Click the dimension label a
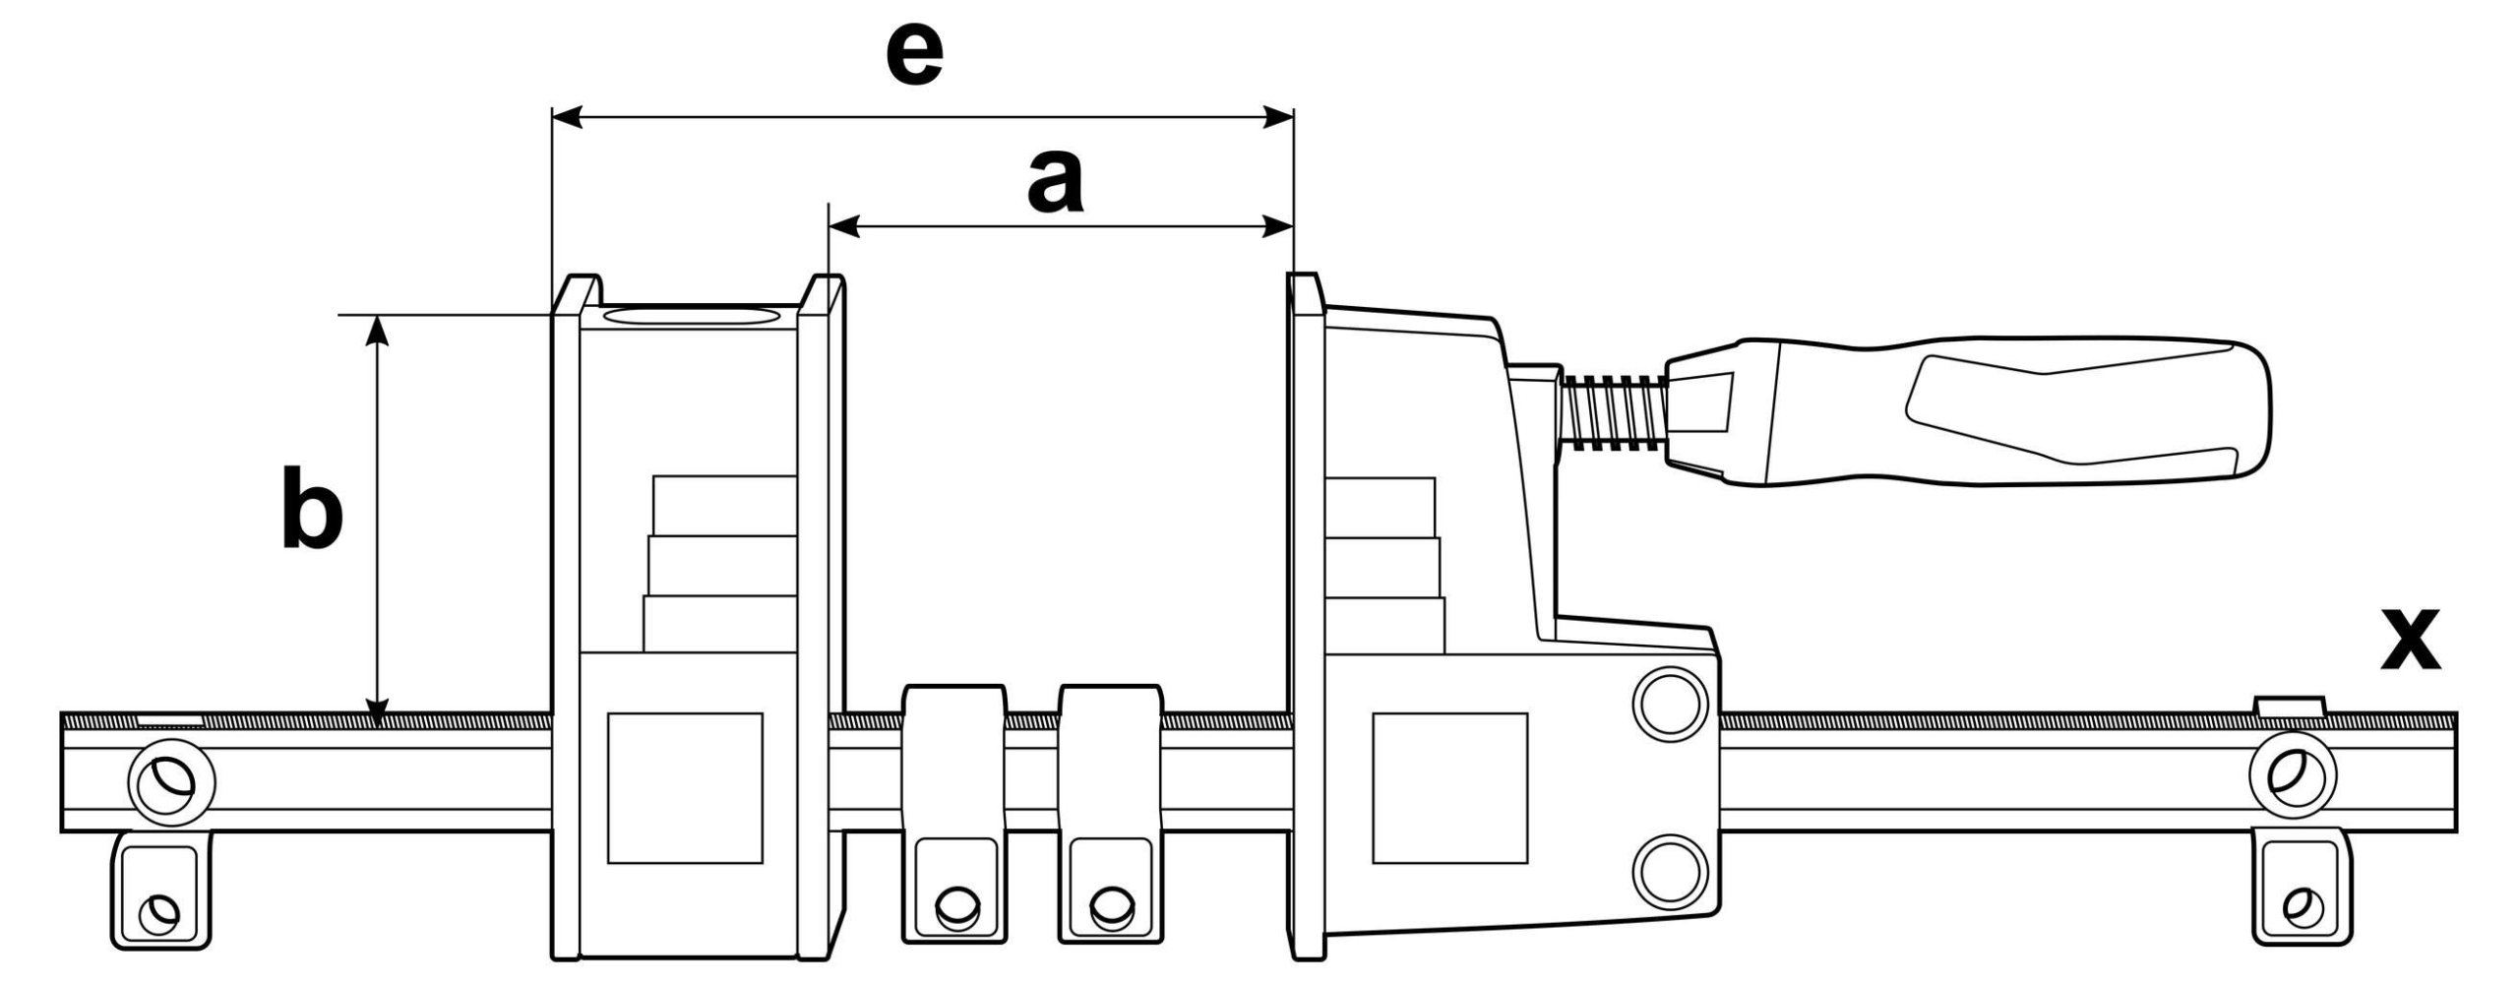click(1054, 182)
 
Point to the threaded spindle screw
click(1612, 413)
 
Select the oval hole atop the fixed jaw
click(691, 317)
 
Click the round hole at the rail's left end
click(171, 780)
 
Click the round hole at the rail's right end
click(2292, 780)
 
